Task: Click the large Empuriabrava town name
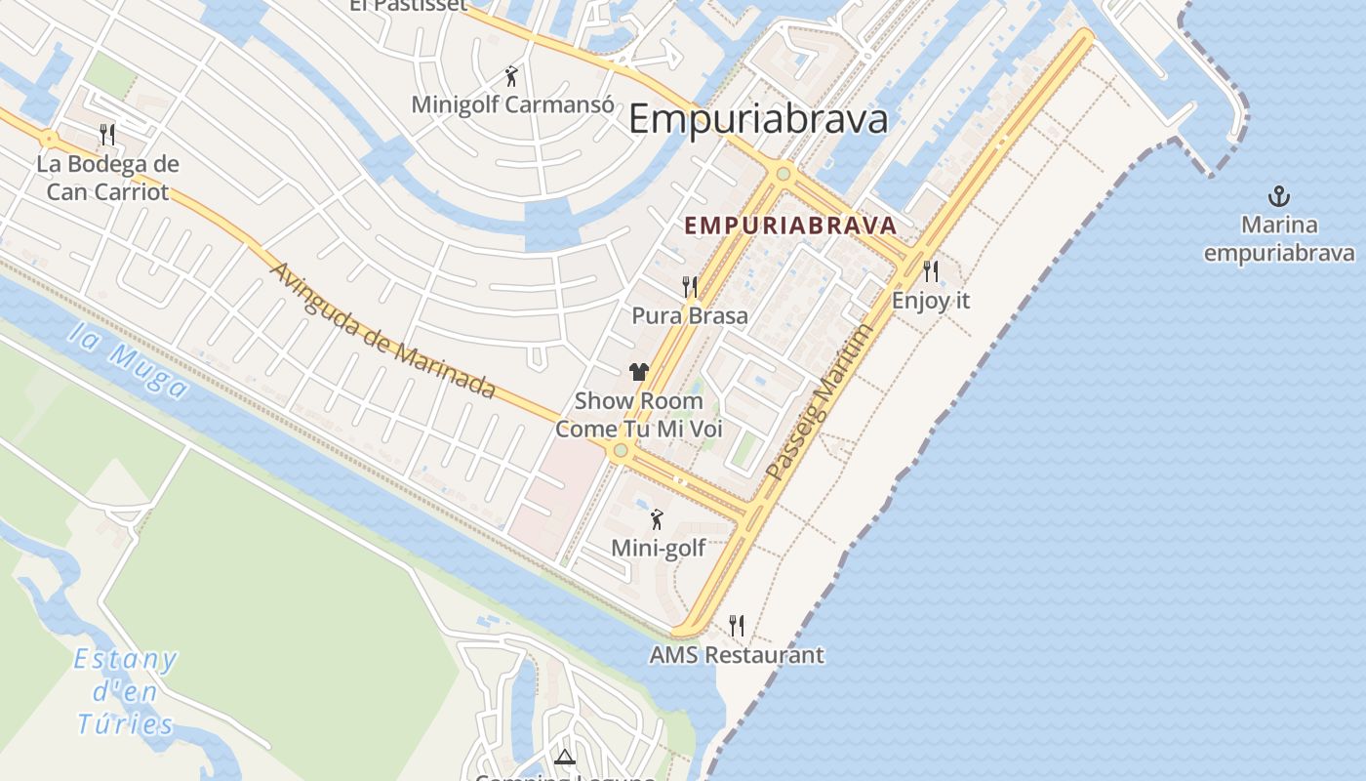pos(758,119)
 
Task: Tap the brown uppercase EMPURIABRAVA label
pos(789,226)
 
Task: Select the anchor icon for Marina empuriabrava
pos(1278,196)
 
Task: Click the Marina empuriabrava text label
pos(1278,239)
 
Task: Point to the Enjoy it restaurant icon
pos(931,270)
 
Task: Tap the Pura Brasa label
pos(690,315)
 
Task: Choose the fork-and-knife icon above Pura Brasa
pos(690,286)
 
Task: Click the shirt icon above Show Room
pos(638,371)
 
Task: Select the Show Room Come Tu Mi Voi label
pos(639,415)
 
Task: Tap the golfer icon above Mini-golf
pos(657,518)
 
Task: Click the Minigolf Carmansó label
pos(512,104)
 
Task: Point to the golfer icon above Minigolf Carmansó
pos(511,75)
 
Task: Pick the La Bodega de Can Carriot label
pos(107,177)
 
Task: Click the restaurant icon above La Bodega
pos(107,134)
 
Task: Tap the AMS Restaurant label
pos(737,654)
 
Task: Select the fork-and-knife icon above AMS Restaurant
pos(737,625)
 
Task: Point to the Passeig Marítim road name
pos(818,402)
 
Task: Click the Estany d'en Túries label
pos(126,691)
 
